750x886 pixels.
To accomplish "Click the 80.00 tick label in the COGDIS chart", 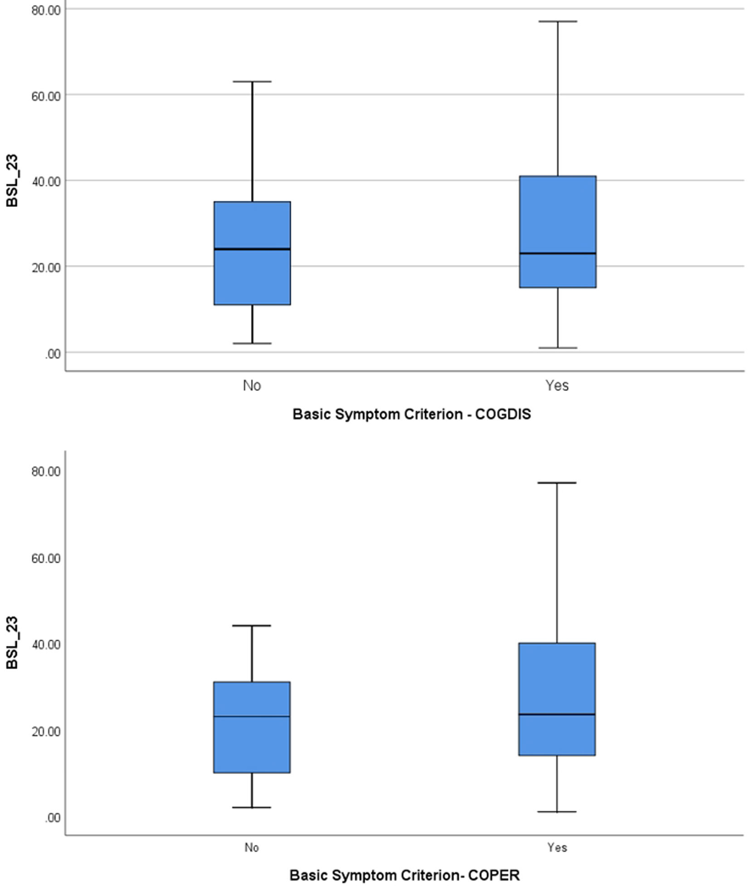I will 46,10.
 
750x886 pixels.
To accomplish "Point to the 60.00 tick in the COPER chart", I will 46,558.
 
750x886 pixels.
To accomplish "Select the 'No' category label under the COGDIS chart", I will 252,386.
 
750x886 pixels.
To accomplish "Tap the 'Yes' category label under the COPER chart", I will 557,848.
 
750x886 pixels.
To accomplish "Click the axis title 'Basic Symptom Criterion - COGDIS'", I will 411,414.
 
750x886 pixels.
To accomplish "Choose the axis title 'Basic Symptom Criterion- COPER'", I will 404,875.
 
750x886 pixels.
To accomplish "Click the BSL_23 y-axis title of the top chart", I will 12,181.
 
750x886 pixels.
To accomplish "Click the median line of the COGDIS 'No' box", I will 252,249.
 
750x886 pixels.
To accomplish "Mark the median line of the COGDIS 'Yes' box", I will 557,253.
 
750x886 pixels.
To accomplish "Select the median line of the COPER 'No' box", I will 252,716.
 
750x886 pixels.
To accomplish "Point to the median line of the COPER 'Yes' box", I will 557,714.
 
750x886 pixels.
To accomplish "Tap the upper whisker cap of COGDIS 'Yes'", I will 557,21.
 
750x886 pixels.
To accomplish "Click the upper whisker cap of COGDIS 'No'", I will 252,81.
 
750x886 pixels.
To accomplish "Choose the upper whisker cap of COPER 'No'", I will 252,625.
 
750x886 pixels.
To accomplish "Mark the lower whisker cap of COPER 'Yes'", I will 557,812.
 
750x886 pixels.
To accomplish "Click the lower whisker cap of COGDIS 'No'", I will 252,343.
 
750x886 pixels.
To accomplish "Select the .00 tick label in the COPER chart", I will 52,818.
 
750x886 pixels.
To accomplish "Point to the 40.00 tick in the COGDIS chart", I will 46,181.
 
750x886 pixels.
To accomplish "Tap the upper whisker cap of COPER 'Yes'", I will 557,483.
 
